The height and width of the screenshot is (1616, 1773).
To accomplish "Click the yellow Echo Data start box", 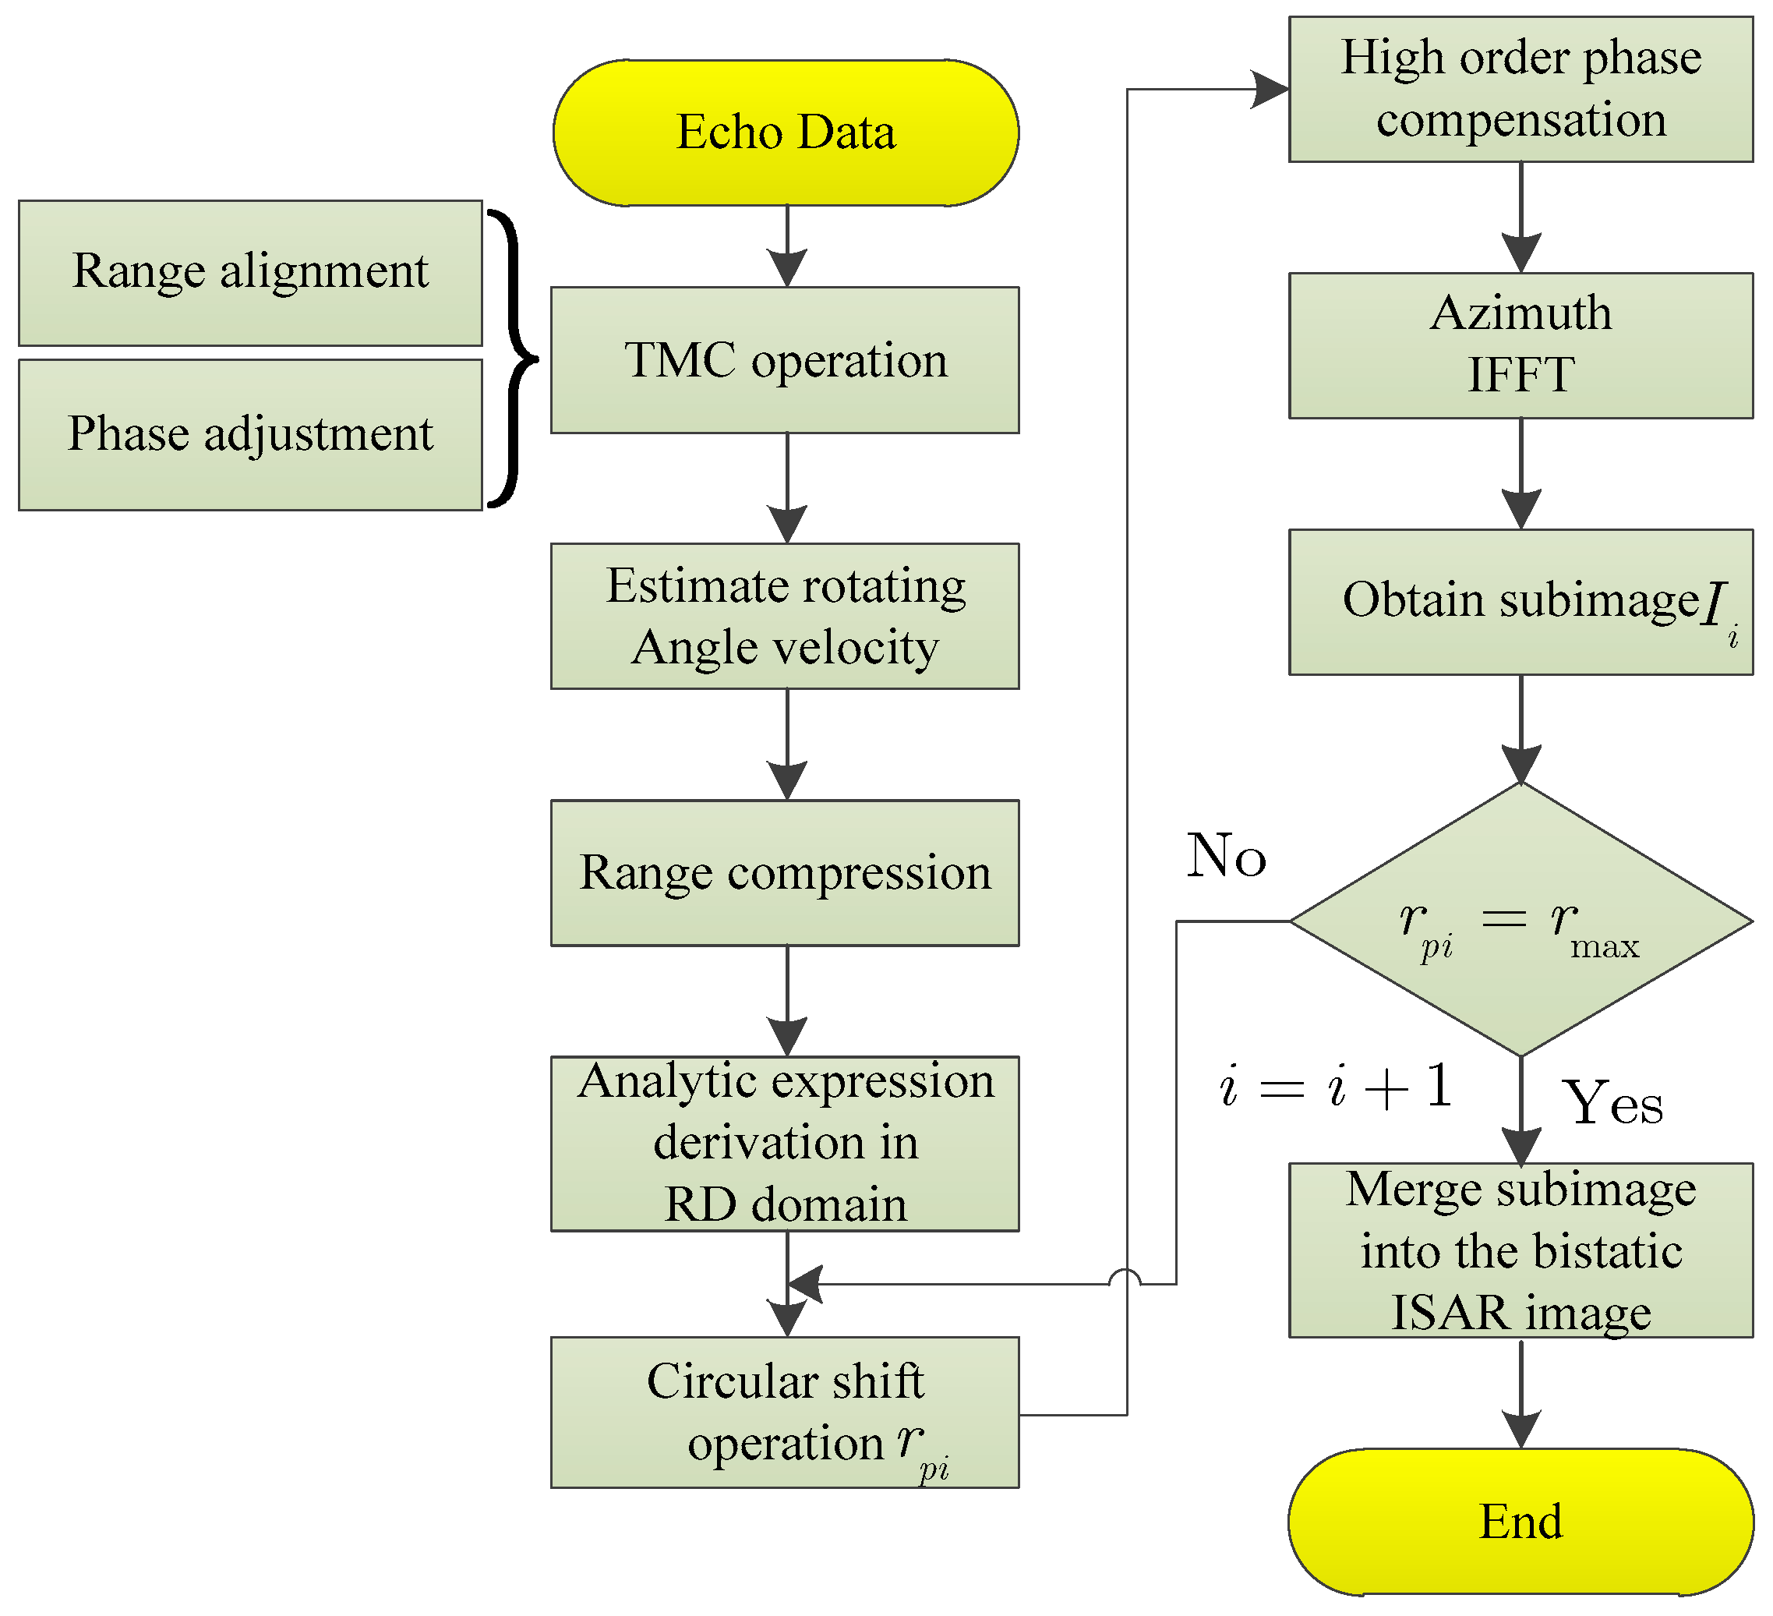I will (786, 133).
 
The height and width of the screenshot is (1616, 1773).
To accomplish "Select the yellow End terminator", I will (1520, 1521).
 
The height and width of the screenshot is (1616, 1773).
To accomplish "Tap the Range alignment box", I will (251, 273).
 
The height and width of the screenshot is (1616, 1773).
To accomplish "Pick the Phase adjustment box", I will (251, 434).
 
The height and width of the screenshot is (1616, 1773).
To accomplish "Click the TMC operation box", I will (786, 360).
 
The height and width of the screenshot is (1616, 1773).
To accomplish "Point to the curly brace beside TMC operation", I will (514, 359).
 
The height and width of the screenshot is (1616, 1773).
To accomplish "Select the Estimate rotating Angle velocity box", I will (786, 616).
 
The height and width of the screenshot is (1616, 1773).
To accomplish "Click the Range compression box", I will (786, 872).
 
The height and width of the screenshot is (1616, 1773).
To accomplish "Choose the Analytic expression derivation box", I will (786, 1143).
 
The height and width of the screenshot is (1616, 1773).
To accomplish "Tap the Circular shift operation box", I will (786, 1412).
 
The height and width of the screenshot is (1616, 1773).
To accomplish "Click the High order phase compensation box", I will (1520, 89).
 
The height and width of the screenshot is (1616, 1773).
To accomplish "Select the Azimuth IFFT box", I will (1520, 345).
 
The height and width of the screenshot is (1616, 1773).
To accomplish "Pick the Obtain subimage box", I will (1520, 602).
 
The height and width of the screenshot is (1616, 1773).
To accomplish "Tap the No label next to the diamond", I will (1226, 855).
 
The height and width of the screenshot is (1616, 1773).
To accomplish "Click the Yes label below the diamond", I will (1612, 1103).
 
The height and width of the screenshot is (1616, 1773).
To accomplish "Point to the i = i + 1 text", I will (1335, 1087).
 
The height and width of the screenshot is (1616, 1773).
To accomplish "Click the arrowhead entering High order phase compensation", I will (1271, 89).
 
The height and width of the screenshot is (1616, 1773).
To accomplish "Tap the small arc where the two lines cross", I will (1125, 1278).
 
